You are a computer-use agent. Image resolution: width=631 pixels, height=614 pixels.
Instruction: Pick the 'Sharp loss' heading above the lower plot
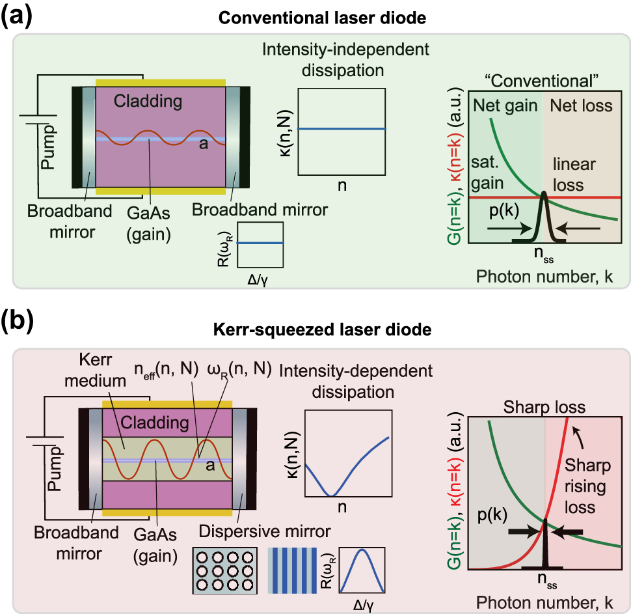click(x=544, y=408)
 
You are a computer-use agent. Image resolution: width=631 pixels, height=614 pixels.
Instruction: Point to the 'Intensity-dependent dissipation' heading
click(x=347, y=382)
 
